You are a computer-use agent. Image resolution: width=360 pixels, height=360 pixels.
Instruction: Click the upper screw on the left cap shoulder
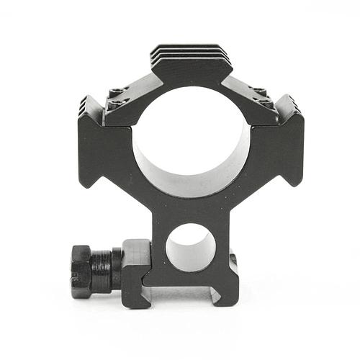point(117,91)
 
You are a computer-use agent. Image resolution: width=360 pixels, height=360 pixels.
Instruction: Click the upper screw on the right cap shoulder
point(259,91)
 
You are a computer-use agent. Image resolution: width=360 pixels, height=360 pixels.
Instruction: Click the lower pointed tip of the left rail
point(88,184)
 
